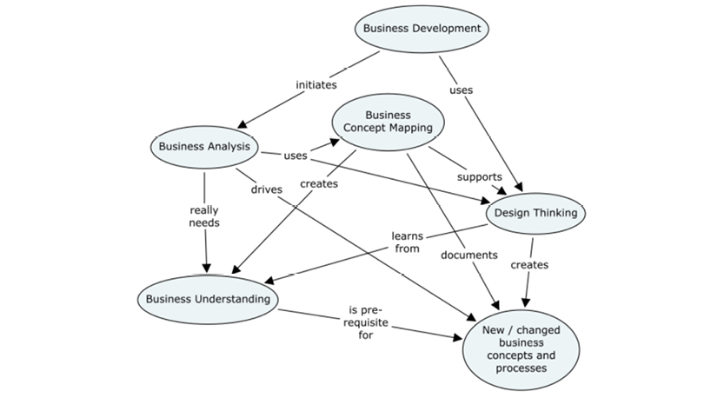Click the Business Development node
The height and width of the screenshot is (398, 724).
tap(422, 29)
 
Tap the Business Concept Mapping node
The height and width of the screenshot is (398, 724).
tap(388, 123)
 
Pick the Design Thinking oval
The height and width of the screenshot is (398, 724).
tap(535, 213)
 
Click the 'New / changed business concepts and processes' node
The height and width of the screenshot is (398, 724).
tap(521, 348)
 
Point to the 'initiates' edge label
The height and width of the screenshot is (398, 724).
tap(316, 85)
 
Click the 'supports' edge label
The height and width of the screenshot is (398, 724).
tap(479, 176)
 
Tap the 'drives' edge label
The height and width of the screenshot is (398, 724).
tap(266, 189)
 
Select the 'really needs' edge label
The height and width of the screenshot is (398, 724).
tap(204, 216)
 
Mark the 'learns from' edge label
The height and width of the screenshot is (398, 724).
tap(406, 242)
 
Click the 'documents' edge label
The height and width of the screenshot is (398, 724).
tap(468, 255)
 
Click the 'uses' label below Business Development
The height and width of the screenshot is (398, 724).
tap(462, 90)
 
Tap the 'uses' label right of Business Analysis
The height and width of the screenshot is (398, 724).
tap(296, 156)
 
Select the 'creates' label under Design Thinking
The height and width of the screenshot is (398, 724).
tap(528, 264)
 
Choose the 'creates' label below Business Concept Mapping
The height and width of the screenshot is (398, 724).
tap(319, 183)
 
